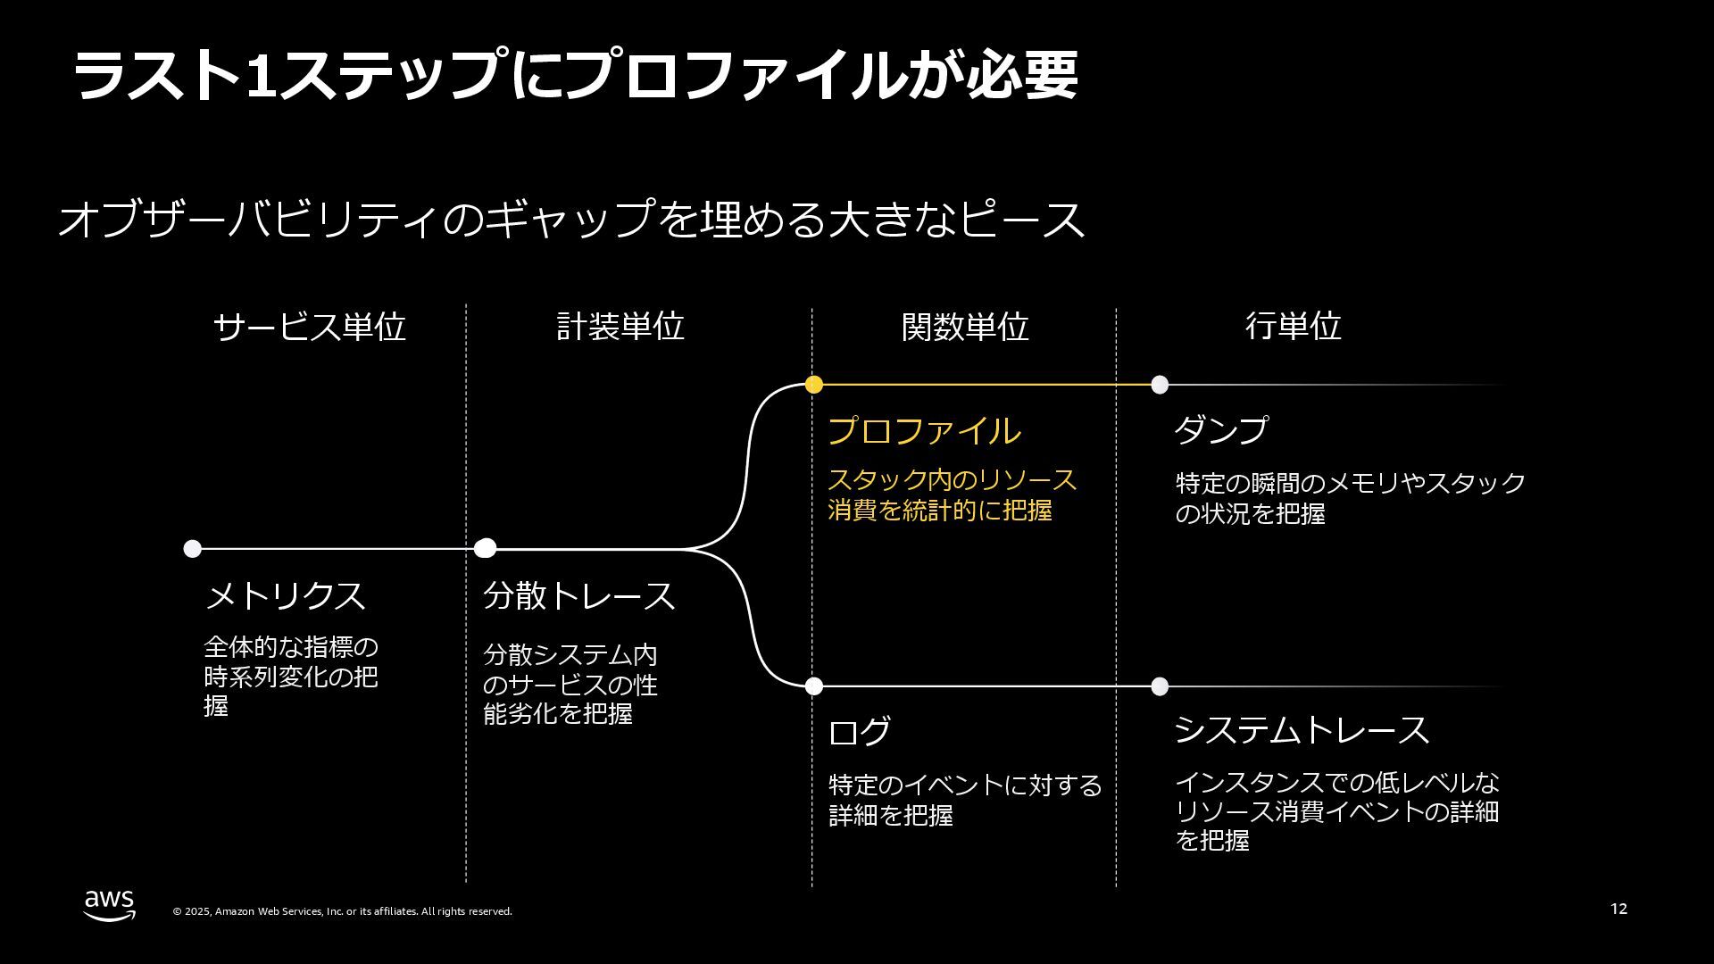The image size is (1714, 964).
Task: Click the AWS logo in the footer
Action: [x=110, y=905]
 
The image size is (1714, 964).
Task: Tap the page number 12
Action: [x=1618, y=909]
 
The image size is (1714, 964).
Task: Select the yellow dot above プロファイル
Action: [x=813, y=385]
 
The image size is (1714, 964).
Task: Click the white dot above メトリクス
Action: [x=192, y=548]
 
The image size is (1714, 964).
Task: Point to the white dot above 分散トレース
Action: [x=485, y=548]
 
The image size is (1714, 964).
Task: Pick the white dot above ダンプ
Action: [x=1159, y=385]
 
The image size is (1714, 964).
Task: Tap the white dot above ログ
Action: [x=813, y=686]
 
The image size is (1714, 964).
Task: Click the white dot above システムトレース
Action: [x=1159, y=686]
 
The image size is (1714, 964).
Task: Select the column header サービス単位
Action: [x=309, y=327]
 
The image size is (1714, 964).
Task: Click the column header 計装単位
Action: [x=620, y=327]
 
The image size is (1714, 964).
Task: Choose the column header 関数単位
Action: [x=965, y=327]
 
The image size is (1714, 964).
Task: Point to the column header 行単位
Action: [x=1293, y=327]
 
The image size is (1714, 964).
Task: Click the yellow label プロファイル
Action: [x=924, y=431]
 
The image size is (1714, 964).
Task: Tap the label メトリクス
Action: [x=286, y=595]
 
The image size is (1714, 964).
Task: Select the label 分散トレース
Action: [x=578, y=595]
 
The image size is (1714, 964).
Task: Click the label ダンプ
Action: [x=1220, y=430]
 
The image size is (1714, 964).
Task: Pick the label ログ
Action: [x=859, y=732]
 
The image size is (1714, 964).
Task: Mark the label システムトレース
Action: [x=1301, y=730]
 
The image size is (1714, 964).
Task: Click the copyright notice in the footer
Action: [x=342, y=911]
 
